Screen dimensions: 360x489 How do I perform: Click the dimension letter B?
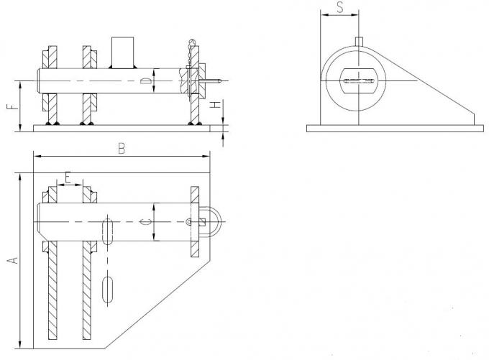(x=122, y=149)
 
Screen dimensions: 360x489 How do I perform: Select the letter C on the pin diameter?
(x=145, y=223)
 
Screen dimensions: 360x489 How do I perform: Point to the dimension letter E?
(x=68, y=177)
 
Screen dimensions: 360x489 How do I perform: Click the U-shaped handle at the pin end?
(x=213, y=222)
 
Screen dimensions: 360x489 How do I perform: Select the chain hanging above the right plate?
(x=191, y=50)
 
